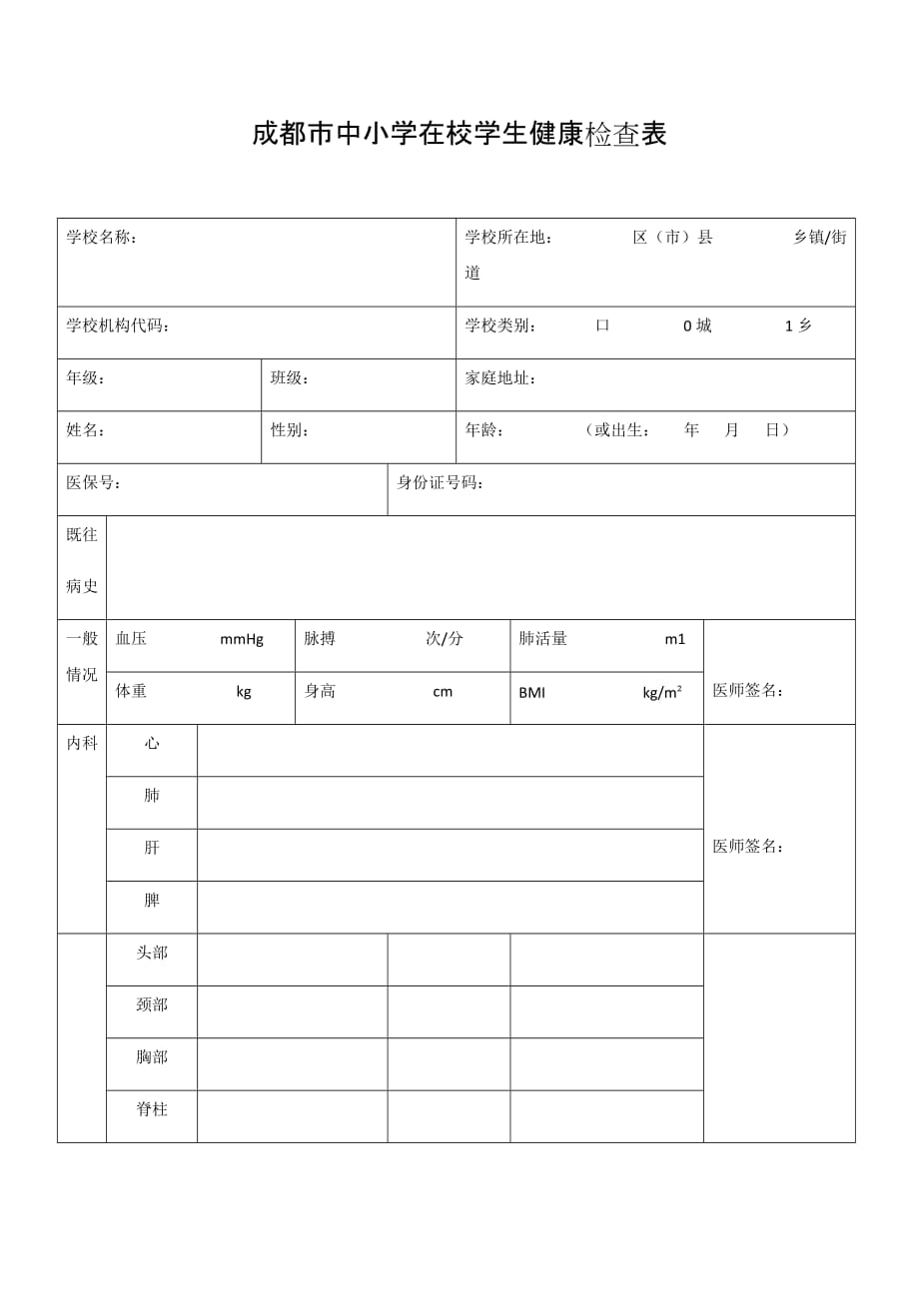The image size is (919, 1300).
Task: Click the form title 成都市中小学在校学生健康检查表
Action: [x=459, y=135]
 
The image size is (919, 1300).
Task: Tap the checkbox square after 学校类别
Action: [x=602, y=325]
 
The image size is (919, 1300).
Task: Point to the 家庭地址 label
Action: [x=500, y=378]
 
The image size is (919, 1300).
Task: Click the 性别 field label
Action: [x=290, y=430]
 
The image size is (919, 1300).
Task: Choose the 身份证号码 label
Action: [x=441, y=483]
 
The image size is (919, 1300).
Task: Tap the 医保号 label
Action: [x=94, y=483]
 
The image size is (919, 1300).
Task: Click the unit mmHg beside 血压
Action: [x=242, y=639]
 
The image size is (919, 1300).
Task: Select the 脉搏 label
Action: [x=320, y=639]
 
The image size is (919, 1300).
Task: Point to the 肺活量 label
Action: [x=543, y=639]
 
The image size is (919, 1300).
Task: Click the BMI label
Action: [x=531, y=692]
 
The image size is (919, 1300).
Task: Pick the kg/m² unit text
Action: [x=662, y=692]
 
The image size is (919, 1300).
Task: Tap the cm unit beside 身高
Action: [x=443, y=692]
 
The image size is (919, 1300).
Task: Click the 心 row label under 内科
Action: [x=152, y=744]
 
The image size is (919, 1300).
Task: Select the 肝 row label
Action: [x=152, y=848]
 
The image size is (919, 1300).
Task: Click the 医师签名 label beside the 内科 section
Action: [x=748, y=847]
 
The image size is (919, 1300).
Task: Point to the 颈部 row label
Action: [x=152, y=1004]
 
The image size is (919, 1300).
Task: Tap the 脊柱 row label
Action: [x=152, y=1109]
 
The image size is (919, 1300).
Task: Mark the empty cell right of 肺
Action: [x=450, y=803]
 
